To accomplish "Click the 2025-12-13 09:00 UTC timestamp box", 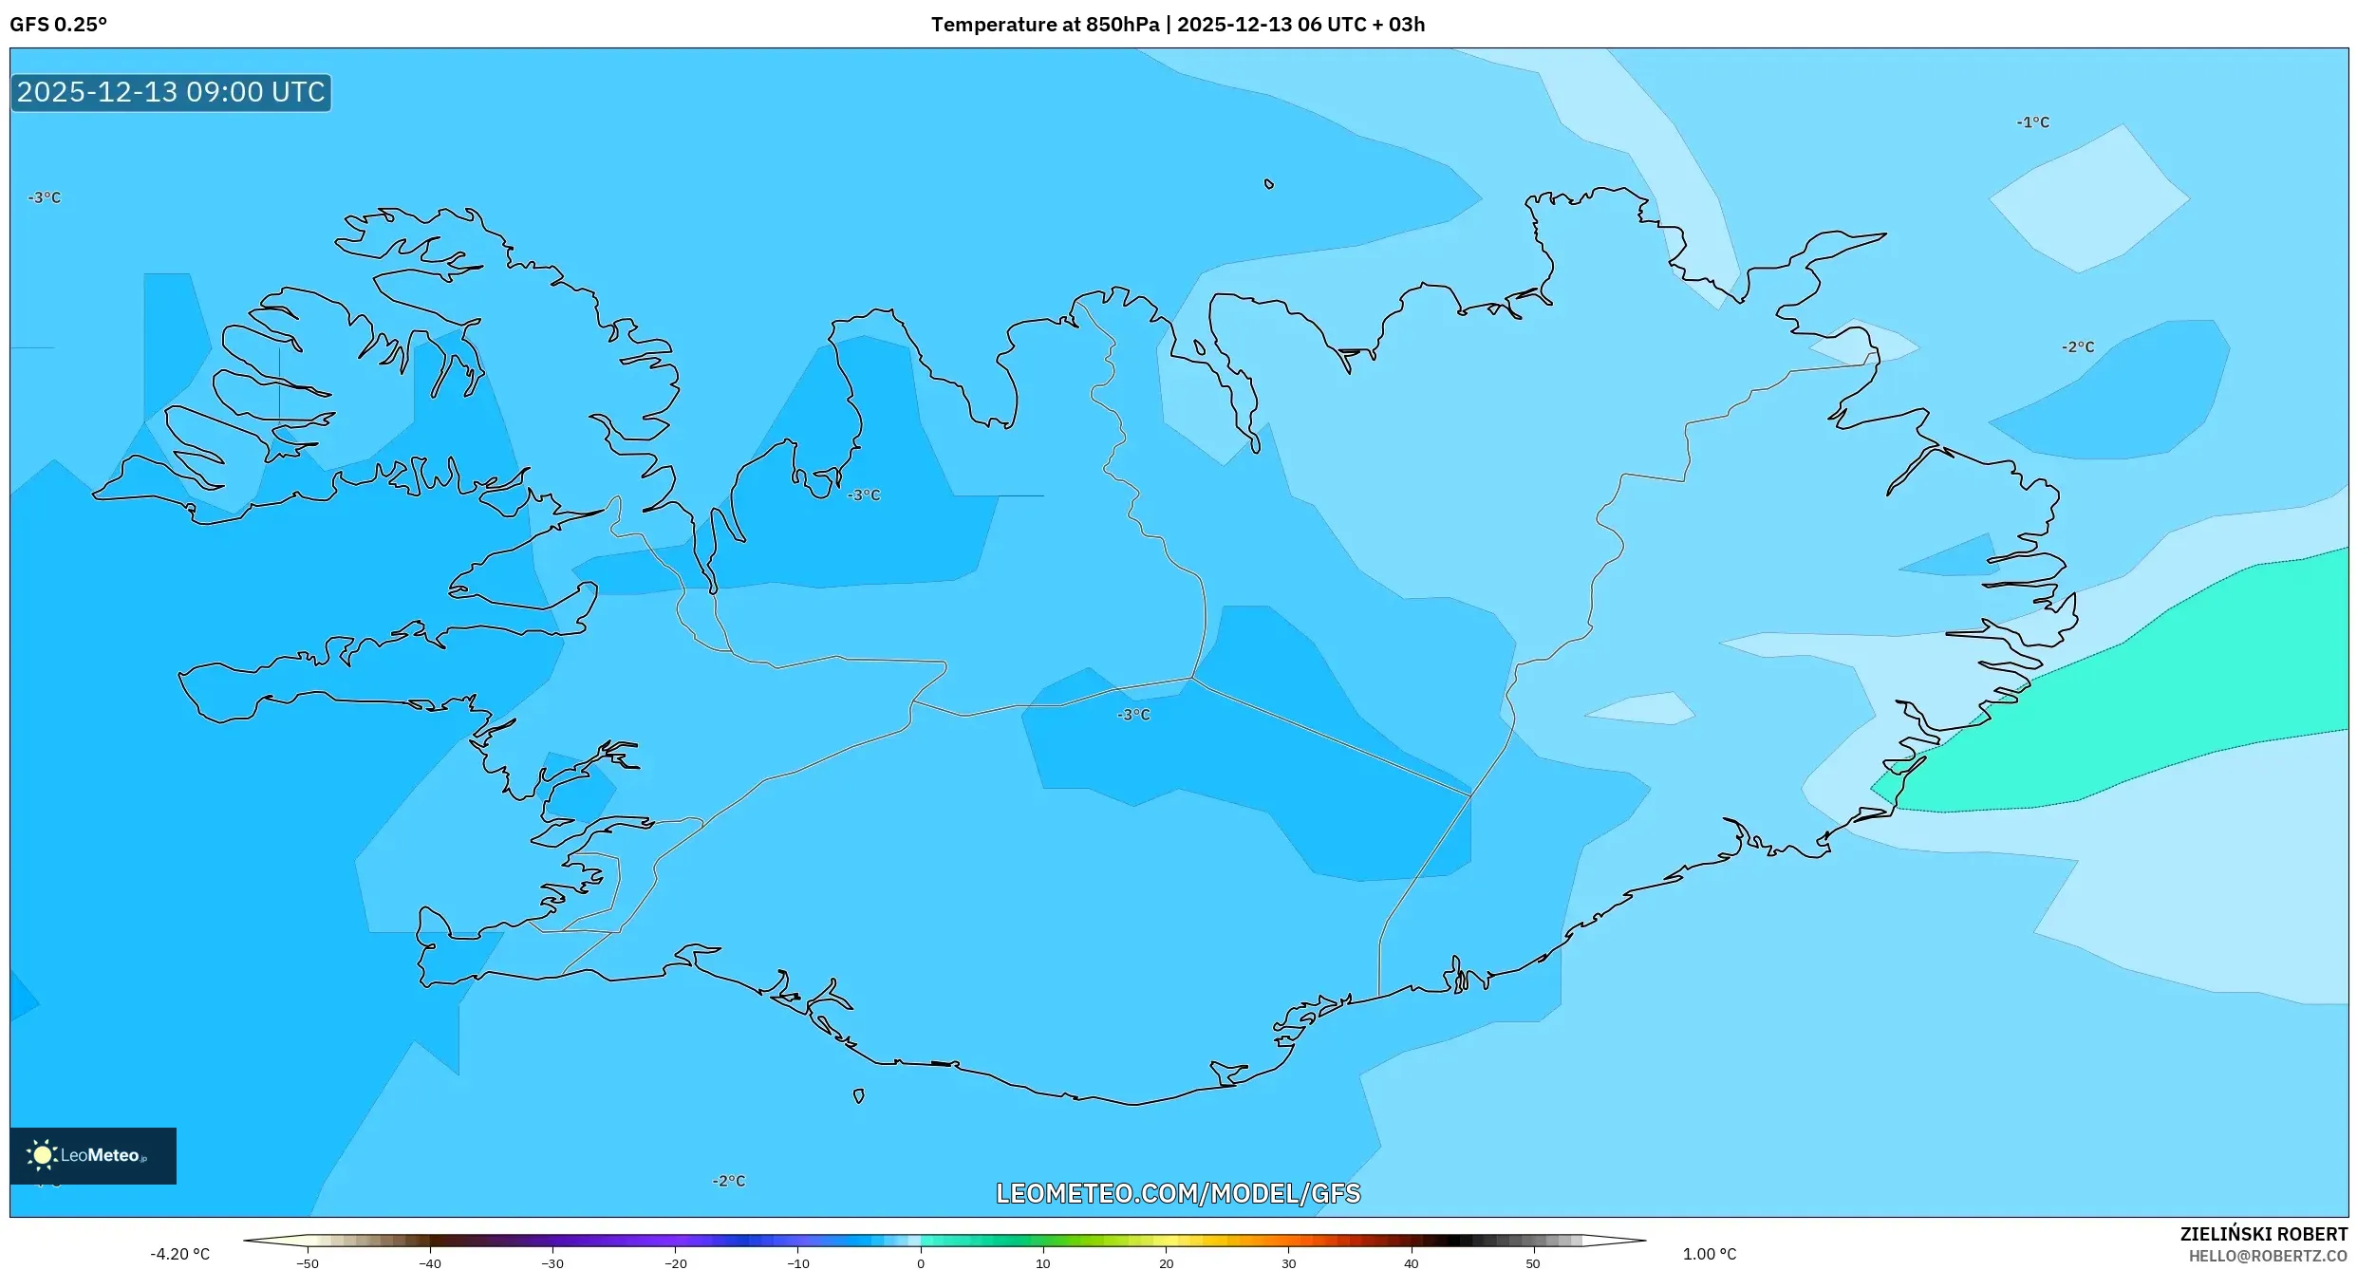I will point(171,93).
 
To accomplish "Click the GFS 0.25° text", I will point(58,25).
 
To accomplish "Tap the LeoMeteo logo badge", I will point(92,1155).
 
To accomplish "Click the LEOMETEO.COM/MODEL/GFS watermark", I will point(1177,1193).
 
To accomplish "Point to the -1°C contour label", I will point(2032,122).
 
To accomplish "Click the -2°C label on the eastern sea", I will point(2077,347).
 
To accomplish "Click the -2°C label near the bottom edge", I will point(728,1181).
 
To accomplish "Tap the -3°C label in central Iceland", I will point(1132,715).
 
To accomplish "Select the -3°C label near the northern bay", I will point(863,495).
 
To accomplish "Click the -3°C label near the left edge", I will point(44,197).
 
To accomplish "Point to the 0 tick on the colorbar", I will point(920,1262).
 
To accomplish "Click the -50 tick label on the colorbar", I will point(307,1263).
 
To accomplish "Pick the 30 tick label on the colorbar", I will point(1288,1263).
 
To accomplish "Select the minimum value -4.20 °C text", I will point(179,1254).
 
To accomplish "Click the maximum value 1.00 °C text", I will point(1709,1254).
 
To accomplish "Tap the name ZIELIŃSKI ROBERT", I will point(2263,1234).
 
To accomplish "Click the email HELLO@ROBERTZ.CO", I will point(2268,1256).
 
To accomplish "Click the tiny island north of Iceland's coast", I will point(1268,184).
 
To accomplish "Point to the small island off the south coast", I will point(858,1096).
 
